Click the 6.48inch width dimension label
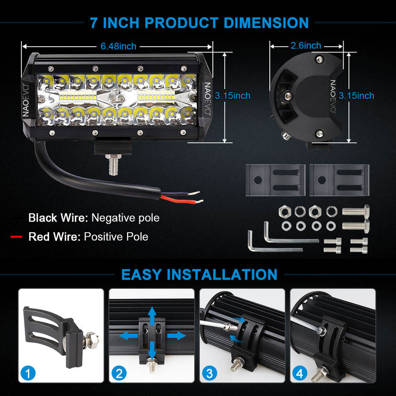click(118, 46)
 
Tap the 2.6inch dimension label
click(306, 45)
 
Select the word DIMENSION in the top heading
click(266, 23)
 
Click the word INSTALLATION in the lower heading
click(222, 275)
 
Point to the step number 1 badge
click(28, 373)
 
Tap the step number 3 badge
click(210, 373)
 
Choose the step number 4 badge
click(300, 373)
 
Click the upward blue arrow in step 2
click(152, 316)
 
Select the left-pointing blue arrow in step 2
click(128, 336)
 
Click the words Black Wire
click(58, 218)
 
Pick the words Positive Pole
click(116, 237)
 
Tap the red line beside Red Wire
click(16, 237)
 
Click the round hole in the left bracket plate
click(257, 180)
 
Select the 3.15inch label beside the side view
click(356, 96)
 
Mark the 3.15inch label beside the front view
click(232, 96)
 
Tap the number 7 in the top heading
click(94, 23)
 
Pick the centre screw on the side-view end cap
click(288, 96)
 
